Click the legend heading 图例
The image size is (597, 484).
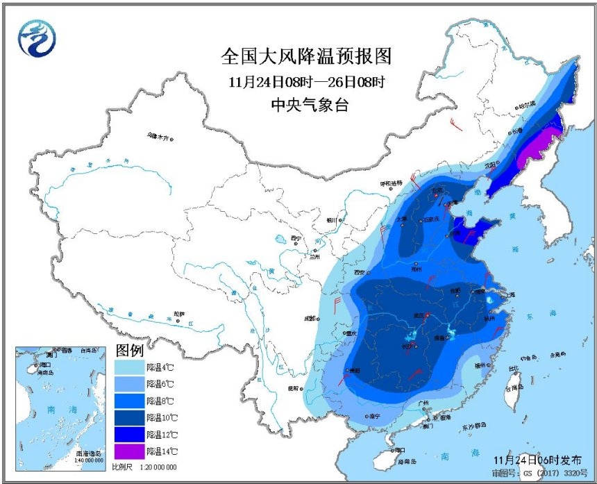128,348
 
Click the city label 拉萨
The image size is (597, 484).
180,314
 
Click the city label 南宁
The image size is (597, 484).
376,416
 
